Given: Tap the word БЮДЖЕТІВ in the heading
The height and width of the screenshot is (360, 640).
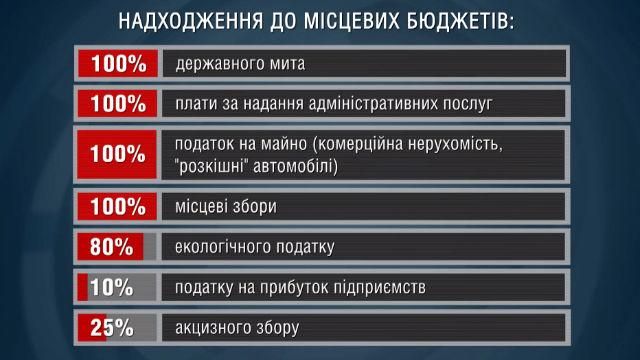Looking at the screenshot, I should click(x=449, y=22).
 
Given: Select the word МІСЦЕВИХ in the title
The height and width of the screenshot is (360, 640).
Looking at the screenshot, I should click(x=340, y=22).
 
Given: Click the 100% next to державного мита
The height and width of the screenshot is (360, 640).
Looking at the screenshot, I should click(x=117, y=65).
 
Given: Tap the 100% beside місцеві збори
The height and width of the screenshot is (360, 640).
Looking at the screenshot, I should click(x=117, y=207).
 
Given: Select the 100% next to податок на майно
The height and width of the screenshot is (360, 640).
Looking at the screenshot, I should click(x=117, y=154).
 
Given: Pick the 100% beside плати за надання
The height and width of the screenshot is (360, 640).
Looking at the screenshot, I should click(x=117, y=103).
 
